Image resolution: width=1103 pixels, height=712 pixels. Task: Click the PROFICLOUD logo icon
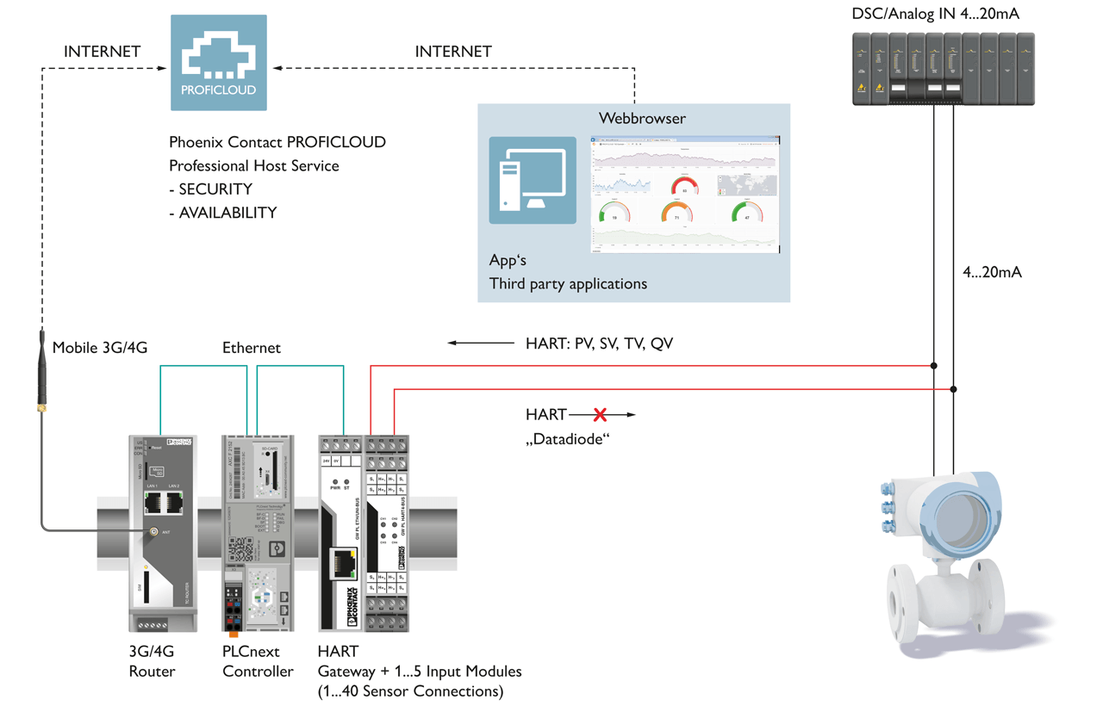click(x=218, y=62)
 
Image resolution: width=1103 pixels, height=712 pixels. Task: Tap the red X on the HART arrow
click(x=600, y=415)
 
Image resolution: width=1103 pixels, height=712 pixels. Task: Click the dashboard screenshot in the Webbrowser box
click(x=684, y=194)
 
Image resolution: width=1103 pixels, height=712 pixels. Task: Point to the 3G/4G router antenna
click(x=41, y=370)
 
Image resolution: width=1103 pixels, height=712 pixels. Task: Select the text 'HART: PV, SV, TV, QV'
click(x=599, y=344)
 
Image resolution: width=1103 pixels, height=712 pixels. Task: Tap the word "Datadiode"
click(x=568, y=439)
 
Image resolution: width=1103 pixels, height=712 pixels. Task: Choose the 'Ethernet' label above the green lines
click(x=251, y=348)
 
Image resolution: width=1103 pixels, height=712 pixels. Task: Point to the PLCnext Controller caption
click(x=258, y=661)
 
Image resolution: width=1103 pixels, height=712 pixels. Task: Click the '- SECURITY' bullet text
click(x=210, y=189)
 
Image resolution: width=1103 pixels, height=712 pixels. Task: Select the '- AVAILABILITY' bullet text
click(x=222, y=212)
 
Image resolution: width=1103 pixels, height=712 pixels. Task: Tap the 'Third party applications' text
click(x=568, y=283)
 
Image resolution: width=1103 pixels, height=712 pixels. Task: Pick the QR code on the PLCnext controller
click(x=240, y=548)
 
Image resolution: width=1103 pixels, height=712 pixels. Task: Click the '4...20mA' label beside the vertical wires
click(x=992, y=272)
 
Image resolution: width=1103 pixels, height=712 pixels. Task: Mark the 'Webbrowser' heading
click(x=642, y=118)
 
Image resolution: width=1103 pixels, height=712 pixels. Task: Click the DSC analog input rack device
click(x=943, y=69)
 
